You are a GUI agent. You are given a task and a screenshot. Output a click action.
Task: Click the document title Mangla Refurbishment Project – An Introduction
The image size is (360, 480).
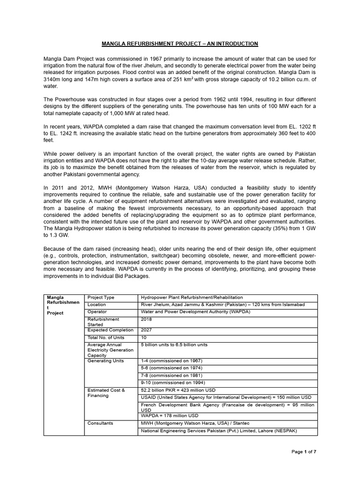tap(180, 44)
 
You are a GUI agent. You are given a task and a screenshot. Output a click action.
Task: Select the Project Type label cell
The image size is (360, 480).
tap(101, 298)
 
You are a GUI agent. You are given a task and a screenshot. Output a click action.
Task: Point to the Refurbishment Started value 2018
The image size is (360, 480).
tap(146, 319)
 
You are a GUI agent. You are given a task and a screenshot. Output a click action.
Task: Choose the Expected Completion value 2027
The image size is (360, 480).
tap(146, 330)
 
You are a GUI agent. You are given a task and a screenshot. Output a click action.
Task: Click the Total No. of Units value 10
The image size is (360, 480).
tap(144, 337)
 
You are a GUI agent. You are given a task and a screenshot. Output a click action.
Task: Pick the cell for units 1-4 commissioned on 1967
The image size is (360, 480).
tap(172, 361)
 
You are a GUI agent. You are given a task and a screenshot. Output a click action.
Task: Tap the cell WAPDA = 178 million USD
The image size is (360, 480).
tap(170, 415)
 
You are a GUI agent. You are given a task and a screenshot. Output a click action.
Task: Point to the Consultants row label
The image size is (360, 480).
tap(100, 423)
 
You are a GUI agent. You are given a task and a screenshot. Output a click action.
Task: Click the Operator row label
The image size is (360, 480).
tap(97, 312)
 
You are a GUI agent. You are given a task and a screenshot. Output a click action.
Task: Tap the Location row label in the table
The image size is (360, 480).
tap(97, 305)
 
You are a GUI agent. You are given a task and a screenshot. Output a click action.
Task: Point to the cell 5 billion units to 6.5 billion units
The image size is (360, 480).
tap(174, 345)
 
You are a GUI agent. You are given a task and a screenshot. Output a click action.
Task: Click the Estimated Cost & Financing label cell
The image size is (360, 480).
tap(106, 393)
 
